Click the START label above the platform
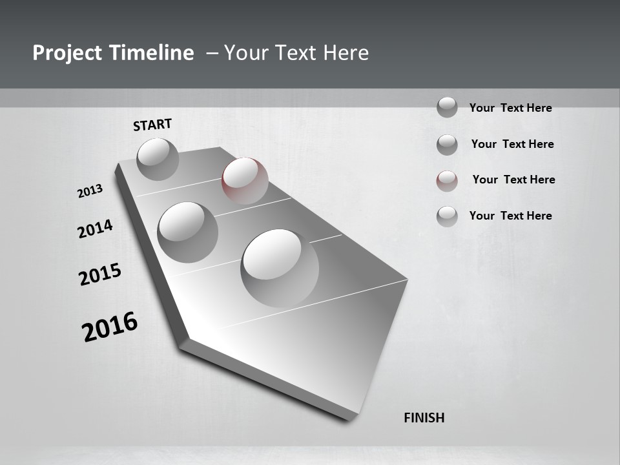point(152,125)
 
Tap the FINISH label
point(424,418)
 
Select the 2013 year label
point(90,191)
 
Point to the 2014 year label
point(95,229)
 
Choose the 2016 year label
point(110,327)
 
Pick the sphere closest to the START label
point(158,159)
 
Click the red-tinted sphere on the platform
point(245,180)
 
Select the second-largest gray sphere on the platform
point(187,232)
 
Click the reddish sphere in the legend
point(447,181)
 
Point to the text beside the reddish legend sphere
point(513,180)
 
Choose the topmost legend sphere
point(447,107)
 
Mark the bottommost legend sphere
point(447,216)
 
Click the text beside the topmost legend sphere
point(510,108)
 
